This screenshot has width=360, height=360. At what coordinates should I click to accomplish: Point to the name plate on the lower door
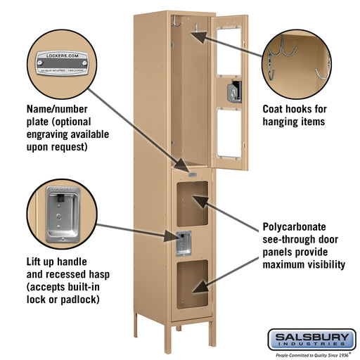(192, 174)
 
